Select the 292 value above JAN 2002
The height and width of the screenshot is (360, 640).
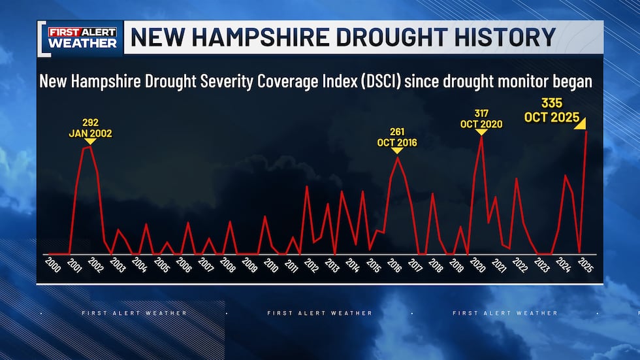(x=90, y=122)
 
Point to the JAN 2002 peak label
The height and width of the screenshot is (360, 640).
(x=90, y=133)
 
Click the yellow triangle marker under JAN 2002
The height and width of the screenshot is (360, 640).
(x=90, y=142)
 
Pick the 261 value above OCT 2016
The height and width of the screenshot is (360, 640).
(x=396, y=131)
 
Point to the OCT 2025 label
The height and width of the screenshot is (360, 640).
(x=552, y=118)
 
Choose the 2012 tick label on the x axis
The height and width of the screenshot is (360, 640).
(x=310, y=265)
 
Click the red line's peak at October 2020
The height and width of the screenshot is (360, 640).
(x=481, y=137)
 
